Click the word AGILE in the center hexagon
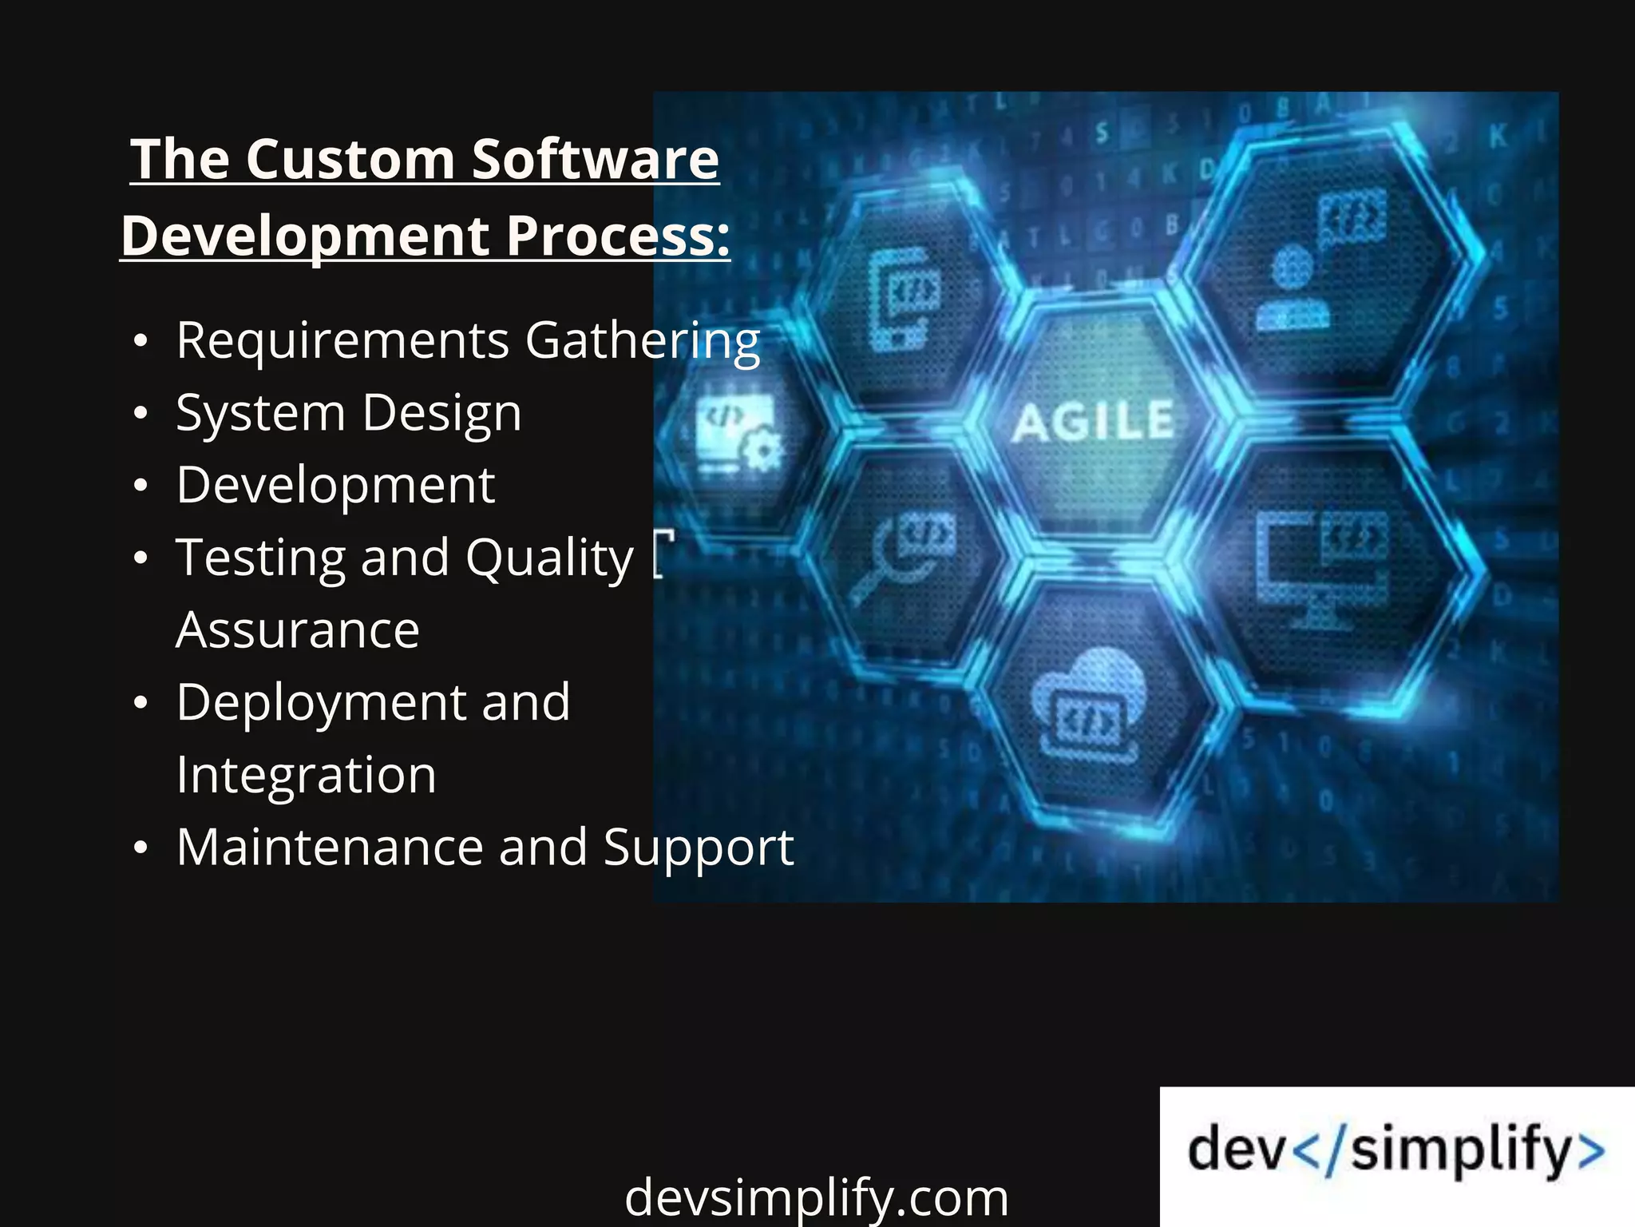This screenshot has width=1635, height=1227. [x=1094, y=421]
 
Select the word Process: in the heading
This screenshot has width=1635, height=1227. [x=618, y=236]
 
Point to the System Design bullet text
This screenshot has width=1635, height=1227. [x=349, y=414]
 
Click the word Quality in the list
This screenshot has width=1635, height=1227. [x=549, y=558]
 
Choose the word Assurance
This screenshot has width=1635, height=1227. [x=297, y=630]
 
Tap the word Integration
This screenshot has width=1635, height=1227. [x=306, y=775]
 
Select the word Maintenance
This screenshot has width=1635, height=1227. [x=330, y=848]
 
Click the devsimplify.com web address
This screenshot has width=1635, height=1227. [x=816, y=1197]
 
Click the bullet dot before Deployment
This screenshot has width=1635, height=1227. [x=141, y=703]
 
